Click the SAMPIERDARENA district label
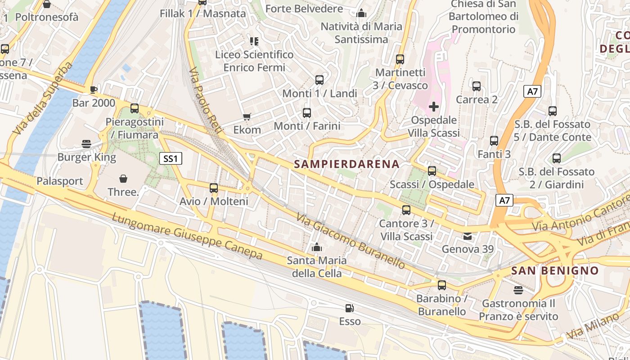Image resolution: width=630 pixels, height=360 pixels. (346, 164)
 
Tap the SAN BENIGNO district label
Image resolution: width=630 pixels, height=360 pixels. (555, 270)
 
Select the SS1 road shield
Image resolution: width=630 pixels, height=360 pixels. (171, 158)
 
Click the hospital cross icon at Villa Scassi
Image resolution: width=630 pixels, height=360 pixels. (434, 107)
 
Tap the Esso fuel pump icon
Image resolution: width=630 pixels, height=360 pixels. (349, 308)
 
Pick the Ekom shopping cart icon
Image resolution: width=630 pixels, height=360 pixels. (247, 117)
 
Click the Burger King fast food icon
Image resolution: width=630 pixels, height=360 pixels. (86, 144)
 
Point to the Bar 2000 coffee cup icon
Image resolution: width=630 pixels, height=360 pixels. (93, 90)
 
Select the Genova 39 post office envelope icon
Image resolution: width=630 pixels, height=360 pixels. (468, 236)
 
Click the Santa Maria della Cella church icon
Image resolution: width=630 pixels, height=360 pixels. (317, 247)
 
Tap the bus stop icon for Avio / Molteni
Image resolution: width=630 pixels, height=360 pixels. (214, 188)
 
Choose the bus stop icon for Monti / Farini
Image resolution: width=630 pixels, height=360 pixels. (307, 113)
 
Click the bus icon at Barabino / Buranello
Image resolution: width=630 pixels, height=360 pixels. (442, 285)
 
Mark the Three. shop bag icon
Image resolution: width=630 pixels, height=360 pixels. (123, 179)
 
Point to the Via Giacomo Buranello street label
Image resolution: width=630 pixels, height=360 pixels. (351, 241)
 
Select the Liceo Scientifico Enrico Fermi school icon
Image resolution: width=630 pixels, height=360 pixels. (254, 41)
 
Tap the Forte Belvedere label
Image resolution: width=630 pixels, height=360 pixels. (304, 9)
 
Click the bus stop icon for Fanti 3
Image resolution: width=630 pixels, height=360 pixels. (494, 141)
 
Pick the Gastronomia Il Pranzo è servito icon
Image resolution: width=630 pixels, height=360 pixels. (518, 290)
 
